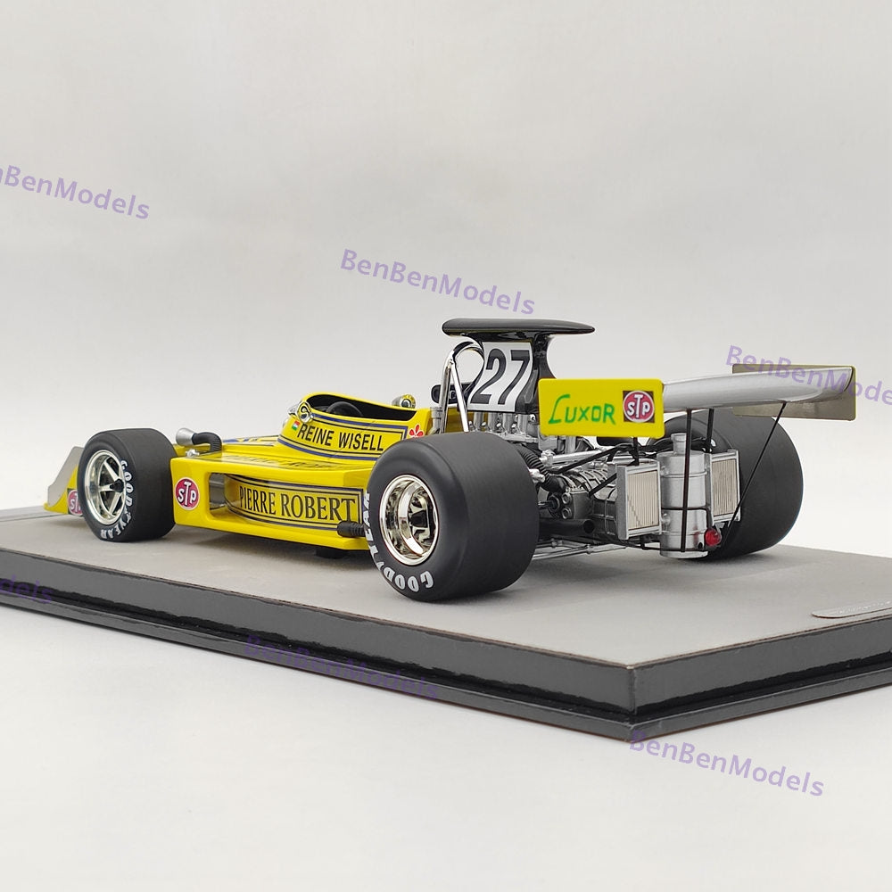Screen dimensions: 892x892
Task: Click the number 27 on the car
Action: click(500, 377)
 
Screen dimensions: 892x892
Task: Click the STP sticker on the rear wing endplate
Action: click(639, 407)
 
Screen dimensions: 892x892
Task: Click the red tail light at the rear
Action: click(711, 537)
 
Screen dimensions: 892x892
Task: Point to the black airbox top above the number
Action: click(517, 327)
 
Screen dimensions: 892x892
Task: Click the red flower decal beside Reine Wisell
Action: click(416, 431)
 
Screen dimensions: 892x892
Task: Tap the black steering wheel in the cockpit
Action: click(343, 409)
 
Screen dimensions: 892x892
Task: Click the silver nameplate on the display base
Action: click(852, 608)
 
